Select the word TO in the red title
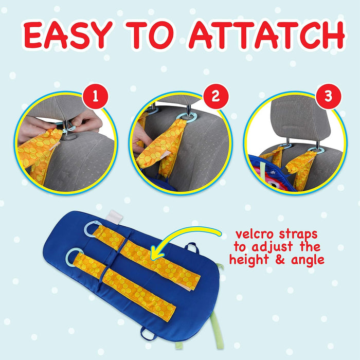(x=150, y=35)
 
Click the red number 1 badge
(x=95, y=97)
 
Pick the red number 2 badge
(x=216, y=97)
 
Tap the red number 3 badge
(x=328, y=97)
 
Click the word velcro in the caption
(x=255, y=234)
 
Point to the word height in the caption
(x=249, y=260)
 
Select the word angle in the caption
(x=308, y=261)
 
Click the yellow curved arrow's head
(x=157, y=253)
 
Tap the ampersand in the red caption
(x=280, y=260)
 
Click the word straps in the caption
(x=298, y=235)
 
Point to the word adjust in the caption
(x=272, y=247)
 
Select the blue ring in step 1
(x=69, y=129)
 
